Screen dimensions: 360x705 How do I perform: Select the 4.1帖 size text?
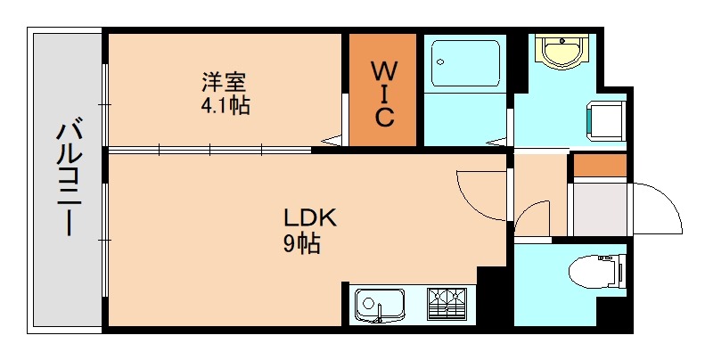[x=225, y=106]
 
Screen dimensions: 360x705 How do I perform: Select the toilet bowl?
[x=592, y=268]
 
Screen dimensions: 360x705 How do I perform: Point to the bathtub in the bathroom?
[x=463, y=62]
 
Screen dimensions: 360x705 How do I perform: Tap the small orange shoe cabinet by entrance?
[x=599, y=166]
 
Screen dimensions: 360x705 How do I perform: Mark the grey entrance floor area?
[x=599, y=208]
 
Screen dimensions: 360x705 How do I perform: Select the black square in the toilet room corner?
[x=614, y=315]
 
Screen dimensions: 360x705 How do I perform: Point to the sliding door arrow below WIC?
[x=332, y=140]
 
